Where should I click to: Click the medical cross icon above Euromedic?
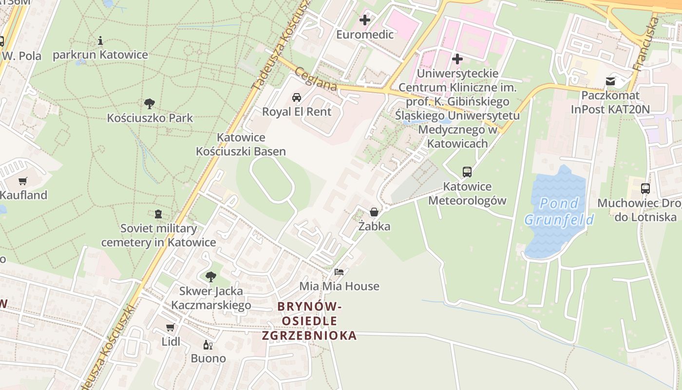point(365,20)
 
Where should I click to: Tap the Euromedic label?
point(365,35)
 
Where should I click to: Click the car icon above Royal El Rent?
point(296,97)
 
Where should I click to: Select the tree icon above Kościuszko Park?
point(150,103)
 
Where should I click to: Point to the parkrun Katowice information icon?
point(100,40)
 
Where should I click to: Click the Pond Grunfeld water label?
point(559,211)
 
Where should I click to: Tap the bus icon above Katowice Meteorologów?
point(467,172)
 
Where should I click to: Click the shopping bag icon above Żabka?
point(374,212)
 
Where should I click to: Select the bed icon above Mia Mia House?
point(339,272)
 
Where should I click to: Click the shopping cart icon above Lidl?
point(170,327)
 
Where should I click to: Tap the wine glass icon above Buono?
point(208,344)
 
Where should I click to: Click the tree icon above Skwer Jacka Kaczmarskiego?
point(210,277)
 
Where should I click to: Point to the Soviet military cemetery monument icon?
point(158,214)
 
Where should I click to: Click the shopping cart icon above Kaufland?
point(22,181)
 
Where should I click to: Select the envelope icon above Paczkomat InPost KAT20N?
point(610,81)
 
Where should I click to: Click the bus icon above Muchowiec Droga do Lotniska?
point(645,188)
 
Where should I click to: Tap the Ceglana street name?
point(316,78)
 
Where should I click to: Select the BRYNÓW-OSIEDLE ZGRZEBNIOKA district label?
point(309,321)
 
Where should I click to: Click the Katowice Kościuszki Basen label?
point(241,144)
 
